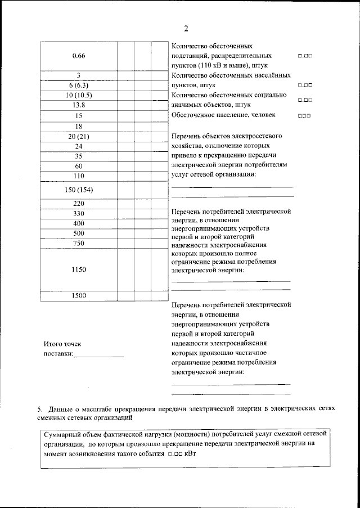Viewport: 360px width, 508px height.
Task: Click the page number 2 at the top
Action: pyautogui.click(x=186, y=29)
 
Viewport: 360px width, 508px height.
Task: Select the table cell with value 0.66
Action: pyautogui.click(x=79, y=55)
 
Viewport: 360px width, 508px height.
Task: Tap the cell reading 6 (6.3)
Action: pyautogui.click(x=79, y=85)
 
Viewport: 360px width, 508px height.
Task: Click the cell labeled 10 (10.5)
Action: pyautogui.click(x=79, y=95)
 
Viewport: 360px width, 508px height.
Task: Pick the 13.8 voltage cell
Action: pyautogui.click(x=79, y=105)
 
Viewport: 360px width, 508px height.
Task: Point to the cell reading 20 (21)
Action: pyautogui.click(x=79, y=136)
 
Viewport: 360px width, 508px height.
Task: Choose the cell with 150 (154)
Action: pyautogui.click(x=79, y=190)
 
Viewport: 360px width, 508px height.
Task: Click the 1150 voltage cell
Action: pyautogui.click(x=79, y=269)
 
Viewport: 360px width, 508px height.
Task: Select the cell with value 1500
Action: pyautogui.click(x=79, y=296)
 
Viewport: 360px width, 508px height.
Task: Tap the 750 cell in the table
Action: pyautogui.click(x=79, y=244)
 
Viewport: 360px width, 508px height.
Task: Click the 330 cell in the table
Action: pyautogui.click(x=79, y=213)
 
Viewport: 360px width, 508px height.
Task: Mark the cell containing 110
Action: pyautogui.click(x=79, y=176)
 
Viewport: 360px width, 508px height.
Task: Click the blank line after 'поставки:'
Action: pyautogui.click(x=99, y=354)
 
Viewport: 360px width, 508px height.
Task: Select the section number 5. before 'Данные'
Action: pyautogui.click(x=39, y=408)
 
